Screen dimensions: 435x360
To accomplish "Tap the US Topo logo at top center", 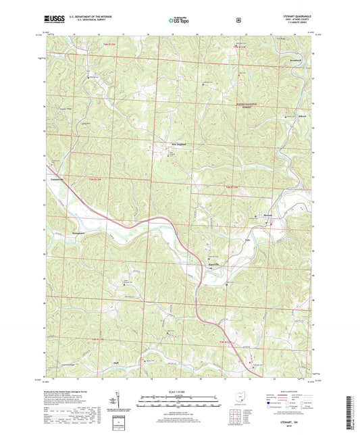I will pyautogui.click(x=179, y=20).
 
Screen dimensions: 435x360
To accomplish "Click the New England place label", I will pyautogui.click(x=177, y=143).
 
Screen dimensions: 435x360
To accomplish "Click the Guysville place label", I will pyautogui.click(x=212, y=265).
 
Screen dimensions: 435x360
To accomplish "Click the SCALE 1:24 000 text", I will pyautogui.click(x=180, y=392).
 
